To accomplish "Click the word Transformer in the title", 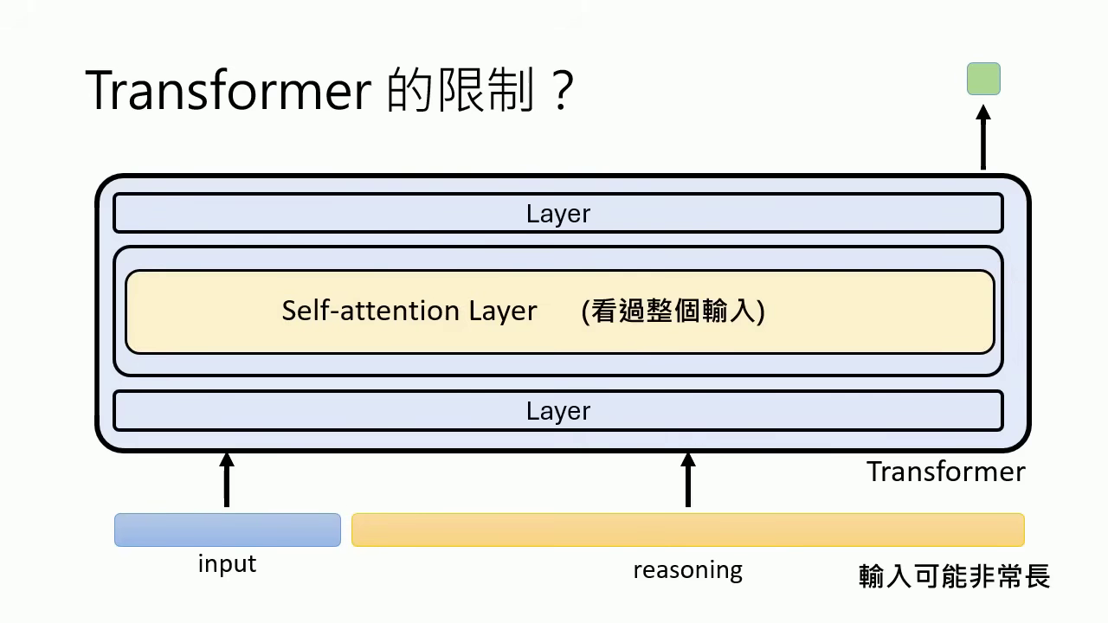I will click(x=229, y=91).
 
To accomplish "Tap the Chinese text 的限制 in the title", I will click(x=460, y=91).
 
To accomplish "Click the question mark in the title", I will click(x=561, y=91).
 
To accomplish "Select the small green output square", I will click(x=983, y=79).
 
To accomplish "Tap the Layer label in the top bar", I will click(x=558, y=214).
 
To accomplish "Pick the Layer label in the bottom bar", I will click(x=558, y=411).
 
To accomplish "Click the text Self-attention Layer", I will click(x=409, y=311).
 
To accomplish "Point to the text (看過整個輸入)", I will click(x=673, y=311).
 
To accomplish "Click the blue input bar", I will click(x=228, y=530).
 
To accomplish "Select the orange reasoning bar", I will click(x=687, y=530).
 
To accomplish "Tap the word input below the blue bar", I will click(x=227, y=564).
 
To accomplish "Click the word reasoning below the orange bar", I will click(x=687, y=571).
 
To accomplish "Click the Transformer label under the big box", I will click(x=945, y=472).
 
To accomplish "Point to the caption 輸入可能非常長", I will click(x=954, y=576).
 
